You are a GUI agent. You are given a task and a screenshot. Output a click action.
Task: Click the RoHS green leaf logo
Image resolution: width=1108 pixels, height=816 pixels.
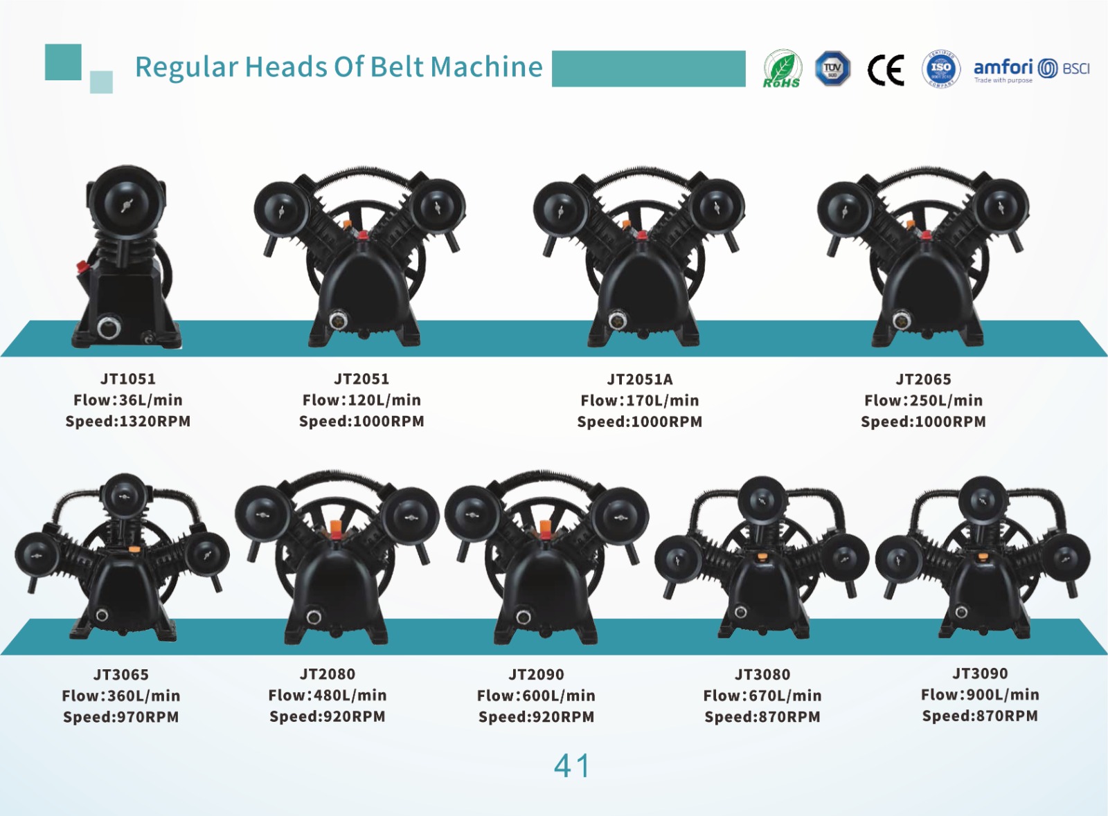[782, 69]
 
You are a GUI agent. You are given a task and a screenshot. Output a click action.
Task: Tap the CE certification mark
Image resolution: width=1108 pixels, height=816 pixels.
[886, 70]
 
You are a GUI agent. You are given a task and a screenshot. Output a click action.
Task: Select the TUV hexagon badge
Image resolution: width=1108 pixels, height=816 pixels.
[832, 69]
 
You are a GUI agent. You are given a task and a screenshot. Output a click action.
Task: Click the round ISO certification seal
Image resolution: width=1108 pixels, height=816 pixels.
[941, 69]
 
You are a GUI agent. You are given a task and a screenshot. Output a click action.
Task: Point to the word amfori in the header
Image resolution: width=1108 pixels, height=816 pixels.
[1003, 66]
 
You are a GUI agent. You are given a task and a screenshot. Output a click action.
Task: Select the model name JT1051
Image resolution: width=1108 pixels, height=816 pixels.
[128, 379]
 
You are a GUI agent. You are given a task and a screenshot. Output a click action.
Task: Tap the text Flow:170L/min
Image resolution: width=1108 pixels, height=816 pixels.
[640, 400]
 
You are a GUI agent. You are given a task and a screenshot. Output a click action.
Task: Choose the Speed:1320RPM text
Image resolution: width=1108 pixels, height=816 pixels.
[128, 421]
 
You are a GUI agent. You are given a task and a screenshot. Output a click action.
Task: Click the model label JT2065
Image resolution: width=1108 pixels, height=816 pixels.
[924, 379]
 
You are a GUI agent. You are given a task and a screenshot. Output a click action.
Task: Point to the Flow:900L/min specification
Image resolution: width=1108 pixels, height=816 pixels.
[980, 694]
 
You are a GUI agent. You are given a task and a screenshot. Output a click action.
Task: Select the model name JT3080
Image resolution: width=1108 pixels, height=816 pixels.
[762, 674]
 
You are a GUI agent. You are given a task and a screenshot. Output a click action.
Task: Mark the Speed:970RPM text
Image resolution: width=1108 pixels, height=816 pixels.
[120, 716]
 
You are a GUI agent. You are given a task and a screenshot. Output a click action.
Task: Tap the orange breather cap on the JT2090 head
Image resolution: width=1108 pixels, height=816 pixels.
[545, 528]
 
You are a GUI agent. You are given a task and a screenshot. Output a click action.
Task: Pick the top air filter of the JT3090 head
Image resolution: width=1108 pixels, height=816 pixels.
[982, 500]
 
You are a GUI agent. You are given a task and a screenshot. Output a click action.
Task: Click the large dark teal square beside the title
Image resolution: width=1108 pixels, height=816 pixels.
[63, 62]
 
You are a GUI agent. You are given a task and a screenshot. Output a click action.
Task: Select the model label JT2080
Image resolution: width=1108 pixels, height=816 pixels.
[328, 673]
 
